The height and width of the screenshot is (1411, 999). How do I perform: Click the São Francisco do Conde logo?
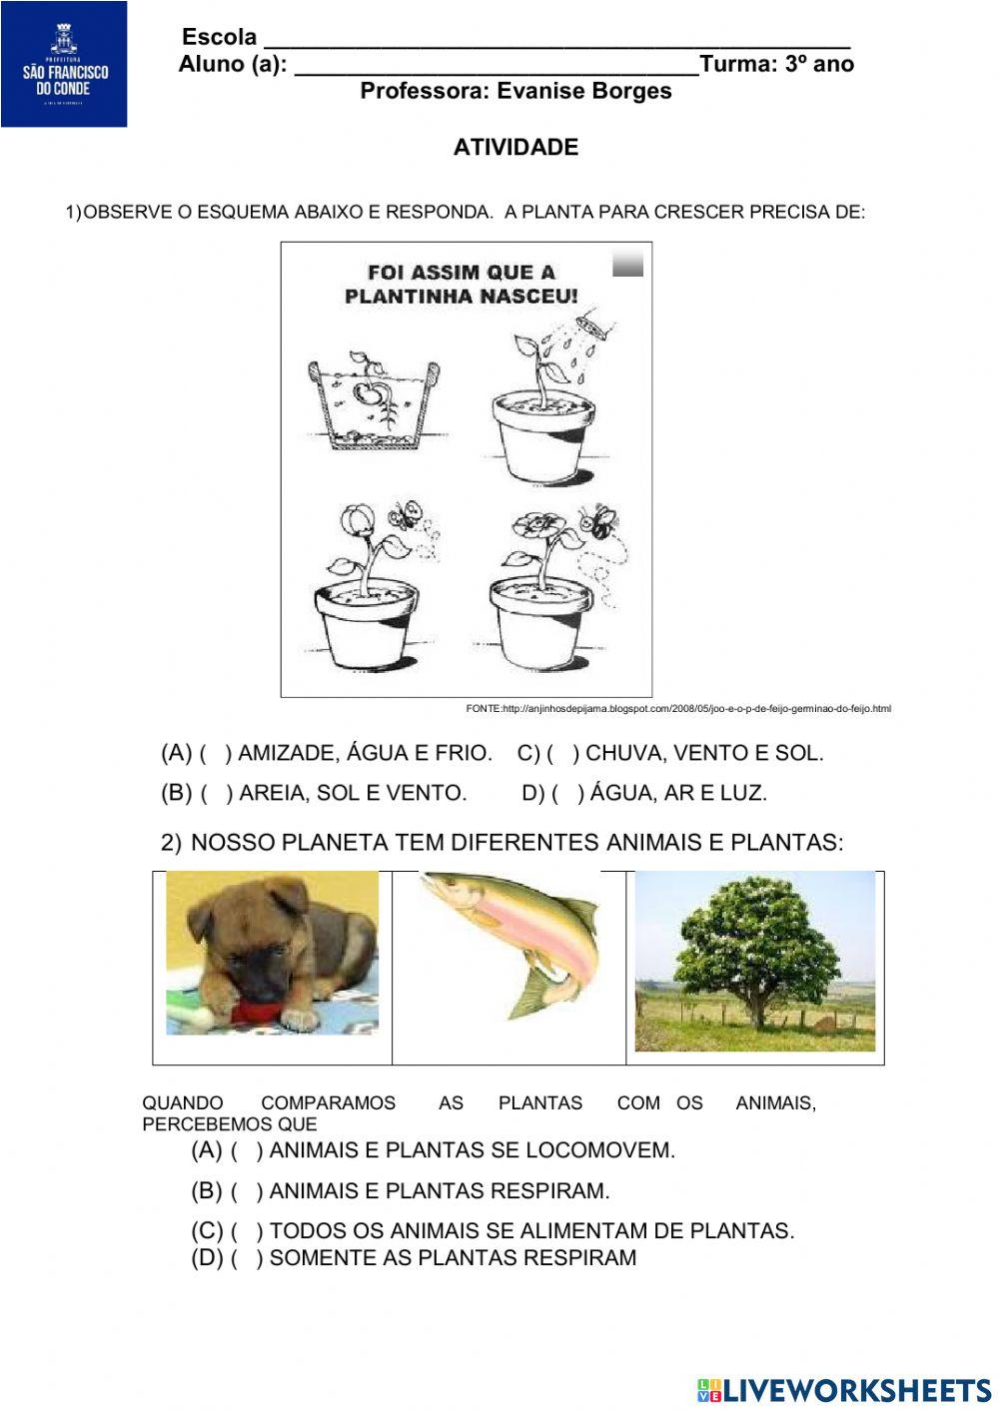[x=64, y=64]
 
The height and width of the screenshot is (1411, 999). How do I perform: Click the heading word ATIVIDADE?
[x=515, y=148]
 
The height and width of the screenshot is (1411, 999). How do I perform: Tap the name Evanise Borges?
[x=583, y=91]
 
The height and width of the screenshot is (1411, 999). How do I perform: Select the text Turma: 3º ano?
[x=777, y=65]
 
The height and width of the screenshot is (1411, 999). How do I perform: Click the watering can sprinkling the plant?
[x=592, y=324]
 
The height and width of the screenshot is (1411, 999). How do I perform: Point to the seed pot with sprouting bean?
[x=373, y=401]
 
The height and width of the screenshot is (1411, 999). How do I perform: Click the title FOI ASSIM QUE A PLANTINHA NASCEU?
[x=461, y=284]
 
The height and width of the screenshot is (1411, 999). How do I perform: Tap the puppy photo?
[x=272, y=953]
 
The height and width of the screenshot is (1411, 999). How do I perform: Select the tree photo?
[x=755, y=961]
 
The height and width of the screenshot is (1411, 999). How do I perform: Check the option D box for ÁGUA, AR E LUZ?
[x=567, y=794]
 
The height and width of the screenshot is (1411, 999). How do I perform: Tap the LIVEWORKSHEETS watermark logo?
[x=843, y=1389]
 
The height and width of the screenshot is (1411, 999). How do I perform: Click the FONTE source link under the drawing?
[x=678, y=709]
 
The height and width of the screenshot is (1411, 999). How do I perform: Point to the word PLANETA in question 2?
[x=335, y=843]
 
